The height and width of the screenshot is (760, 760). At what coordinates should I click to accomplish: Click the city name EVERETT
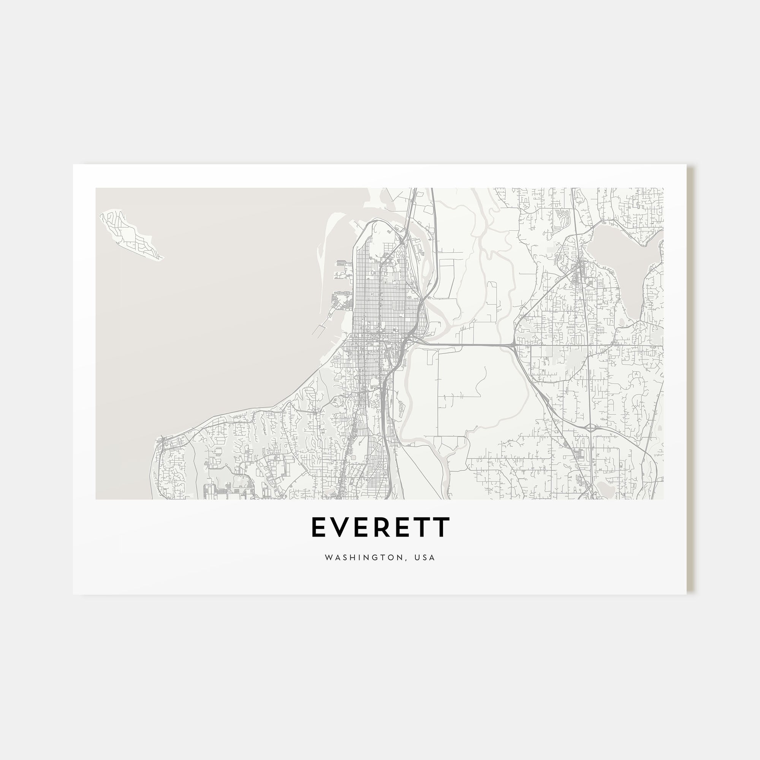(x=380, y=527)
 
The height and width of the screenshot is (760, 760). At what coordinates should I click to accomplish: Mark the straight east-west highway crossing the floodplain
(x=464, y=345)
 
